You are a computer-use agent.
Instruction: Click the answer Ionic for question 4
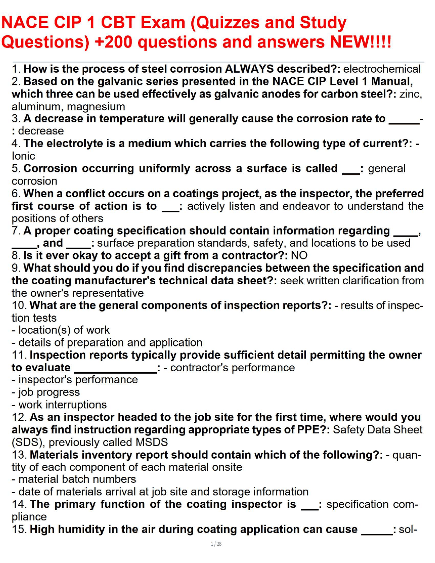(x=23, y=156)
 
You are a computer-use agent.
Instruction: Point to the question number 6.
(x=16, y=193)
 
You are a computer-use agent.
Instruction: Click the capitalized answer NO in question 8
(x=299, y=256)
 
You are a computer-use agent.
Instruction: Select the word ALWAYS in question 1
(x=249, y=69)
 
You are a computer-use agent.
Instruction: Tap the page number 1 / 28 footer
(x=216, y=544)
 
